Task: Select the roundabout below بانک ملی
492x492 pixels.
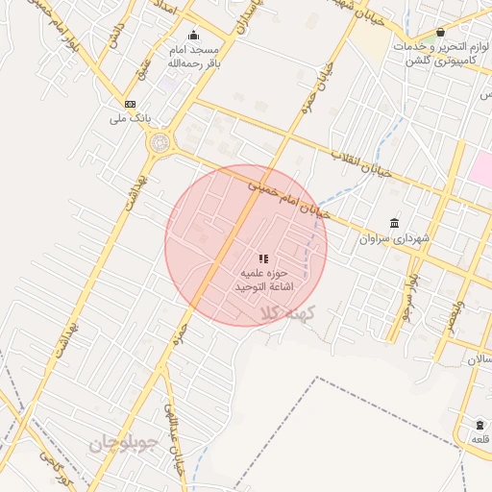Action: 160,144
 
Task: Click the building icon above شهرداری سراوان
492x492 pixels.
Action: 395,223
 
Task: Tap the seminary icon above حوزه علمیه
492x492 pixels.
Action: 263,258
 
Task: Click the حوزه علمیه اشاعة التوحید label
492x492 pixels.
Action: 263,280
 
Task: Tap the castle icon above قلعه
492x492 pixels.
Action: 480,425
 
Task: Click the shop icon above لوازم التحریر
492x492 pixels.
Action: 440,33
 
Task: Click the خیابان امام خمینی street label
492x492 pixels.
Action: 287,198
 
